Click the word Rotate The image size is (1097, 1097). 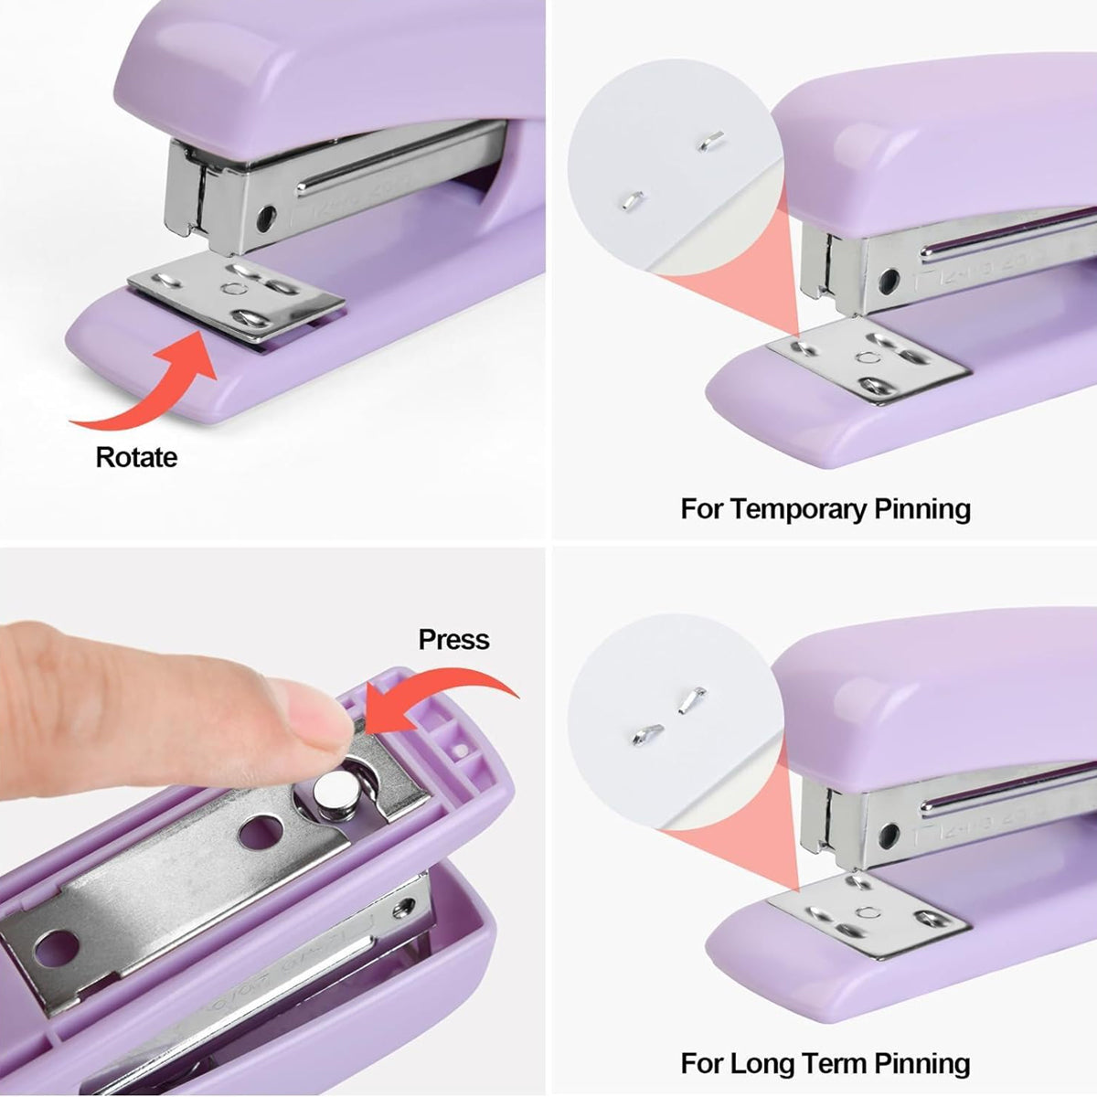[136, 457]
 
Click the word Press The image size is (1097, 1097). [453, 639]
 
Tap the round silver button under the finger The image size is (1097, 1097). [334, 787]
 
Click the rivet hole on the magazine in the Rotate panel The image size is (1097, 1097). [266, 218]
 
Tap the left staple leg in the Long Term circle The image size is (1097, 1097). [648, 732]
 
